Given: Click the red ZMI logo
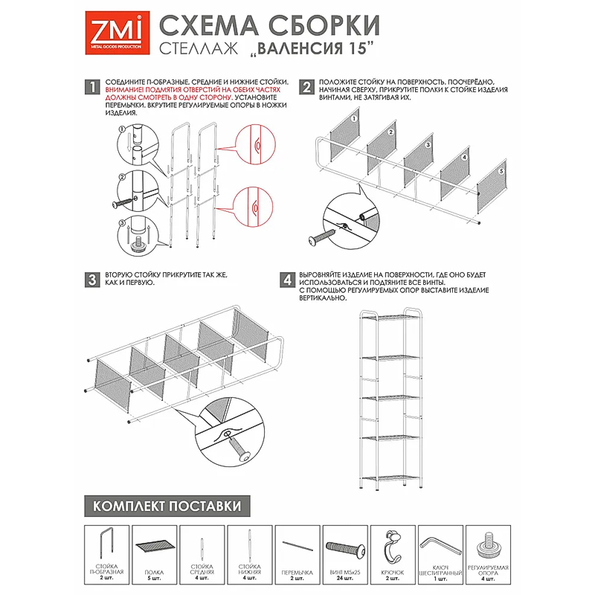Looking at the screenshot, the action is [117, 33].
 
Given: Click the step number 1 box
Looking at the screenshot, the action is [92, 87].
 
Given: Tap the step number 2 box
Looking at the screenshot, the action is [306, 87].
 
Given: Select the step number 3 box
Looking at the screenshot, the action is [92, 280].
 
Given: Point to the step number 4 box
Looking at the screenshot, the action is [287, 280].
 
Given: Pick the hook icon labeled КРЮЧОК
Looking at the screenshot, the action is [392, 547].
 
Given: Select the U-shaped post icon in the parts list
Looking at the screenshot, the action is [107, 545].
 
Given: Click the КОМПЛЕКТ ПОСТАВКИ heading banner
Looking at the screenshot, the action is [167, 506].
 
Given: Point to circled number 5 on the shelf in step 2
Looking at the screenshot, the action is [501, 172].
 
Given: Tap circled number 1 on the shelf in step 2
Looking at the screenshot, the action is [354, 119].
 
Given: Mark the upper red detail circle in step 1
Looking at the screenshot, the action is [255, 144].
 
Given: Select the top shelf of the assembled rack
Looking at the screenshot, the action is [391, 318].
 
